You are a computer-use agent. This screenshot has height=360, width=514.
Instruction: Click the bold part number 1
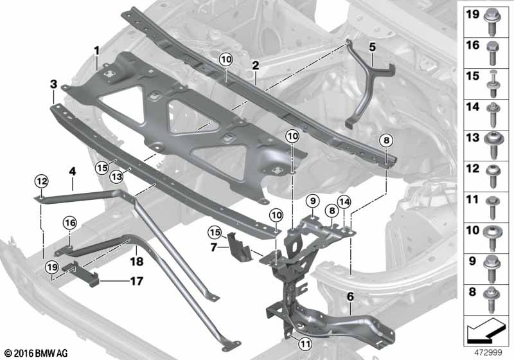click(96, 50)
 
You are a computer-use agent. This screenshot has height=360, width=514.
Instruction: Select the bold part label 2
click(255, 65)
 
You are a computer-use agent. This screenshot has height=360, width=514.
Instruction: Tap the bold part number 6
click(351, 297)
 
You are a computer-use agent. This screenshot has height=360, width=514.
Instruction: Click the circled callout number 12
click(41, 182)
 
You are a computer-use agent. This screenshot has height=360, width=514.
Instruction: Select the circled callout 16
click(70, 222)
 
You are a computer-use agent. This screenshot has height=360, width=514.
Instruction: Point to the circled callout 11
click(305, 343)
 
